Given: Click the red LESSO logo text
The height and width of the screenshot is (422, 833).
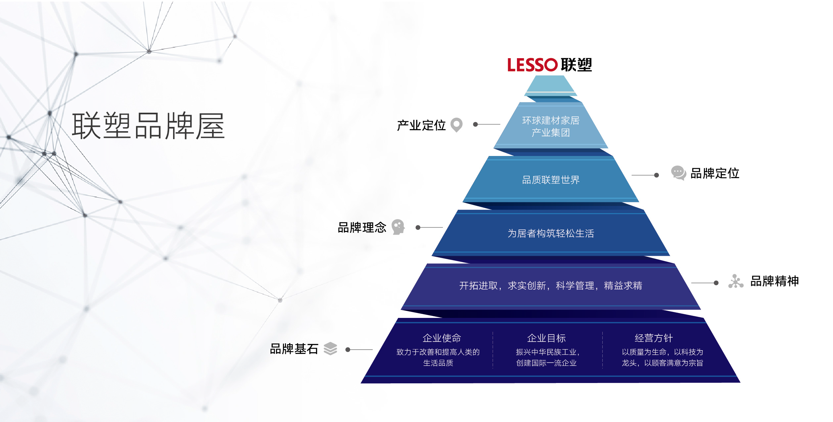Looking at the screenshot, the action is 532,65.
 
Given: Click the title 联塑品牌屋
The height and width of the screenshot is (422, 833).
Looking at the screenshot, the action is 149,126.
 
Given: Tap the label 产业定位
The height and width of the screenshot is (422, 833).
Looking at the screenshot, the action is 421,126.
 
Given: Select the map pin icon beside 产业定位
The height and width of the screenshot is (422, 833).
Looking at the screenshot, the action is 457,125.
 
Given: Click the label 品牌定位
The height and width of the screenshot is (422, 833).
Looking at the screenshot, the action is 715,173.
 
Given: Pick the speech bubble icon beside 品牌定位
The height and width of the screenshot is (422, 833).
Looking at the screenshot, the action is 678,173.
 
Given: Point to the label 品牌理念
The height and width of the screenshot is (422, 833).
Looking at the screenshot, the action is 362,228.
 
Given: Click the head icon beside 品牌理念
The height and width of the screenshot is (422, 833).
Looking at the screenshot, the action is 398,227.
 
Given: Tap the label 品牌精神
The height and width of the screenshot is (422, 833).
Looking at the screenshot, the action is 774,281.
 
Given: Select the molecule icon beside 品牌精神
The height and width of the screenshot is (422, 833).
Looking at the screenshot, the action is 736,281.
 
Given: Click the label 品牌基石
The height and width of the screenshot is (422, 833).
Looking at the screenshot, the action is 294,349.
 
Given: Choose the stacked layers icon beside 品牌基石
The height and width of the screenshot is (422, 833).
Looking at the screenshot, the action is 330,349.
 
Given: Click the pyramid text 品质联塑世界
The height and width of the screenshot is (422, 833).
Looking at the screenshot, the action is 551,180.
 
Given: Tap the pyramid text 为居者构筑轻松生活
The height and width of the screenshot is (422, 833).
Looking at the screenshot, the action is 551,233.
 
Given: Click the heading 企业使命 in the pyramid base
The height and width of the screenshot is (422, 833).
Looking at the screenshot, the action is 442,338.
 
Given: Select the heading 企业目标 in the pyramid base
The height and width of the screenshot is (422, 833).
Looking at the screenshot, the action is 546,338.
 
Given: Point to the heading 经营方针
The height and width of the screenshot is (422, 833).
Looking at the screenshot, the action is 654,338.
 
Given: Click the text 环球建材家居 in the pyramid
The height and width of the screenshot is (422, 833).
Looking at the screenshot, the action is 551,120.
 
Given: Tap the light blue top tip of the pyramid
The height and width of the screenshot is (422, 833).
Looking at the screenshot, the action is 551,86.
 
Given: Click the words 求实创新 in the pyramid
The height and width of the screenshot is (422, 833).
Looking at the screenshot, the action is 527,286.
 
